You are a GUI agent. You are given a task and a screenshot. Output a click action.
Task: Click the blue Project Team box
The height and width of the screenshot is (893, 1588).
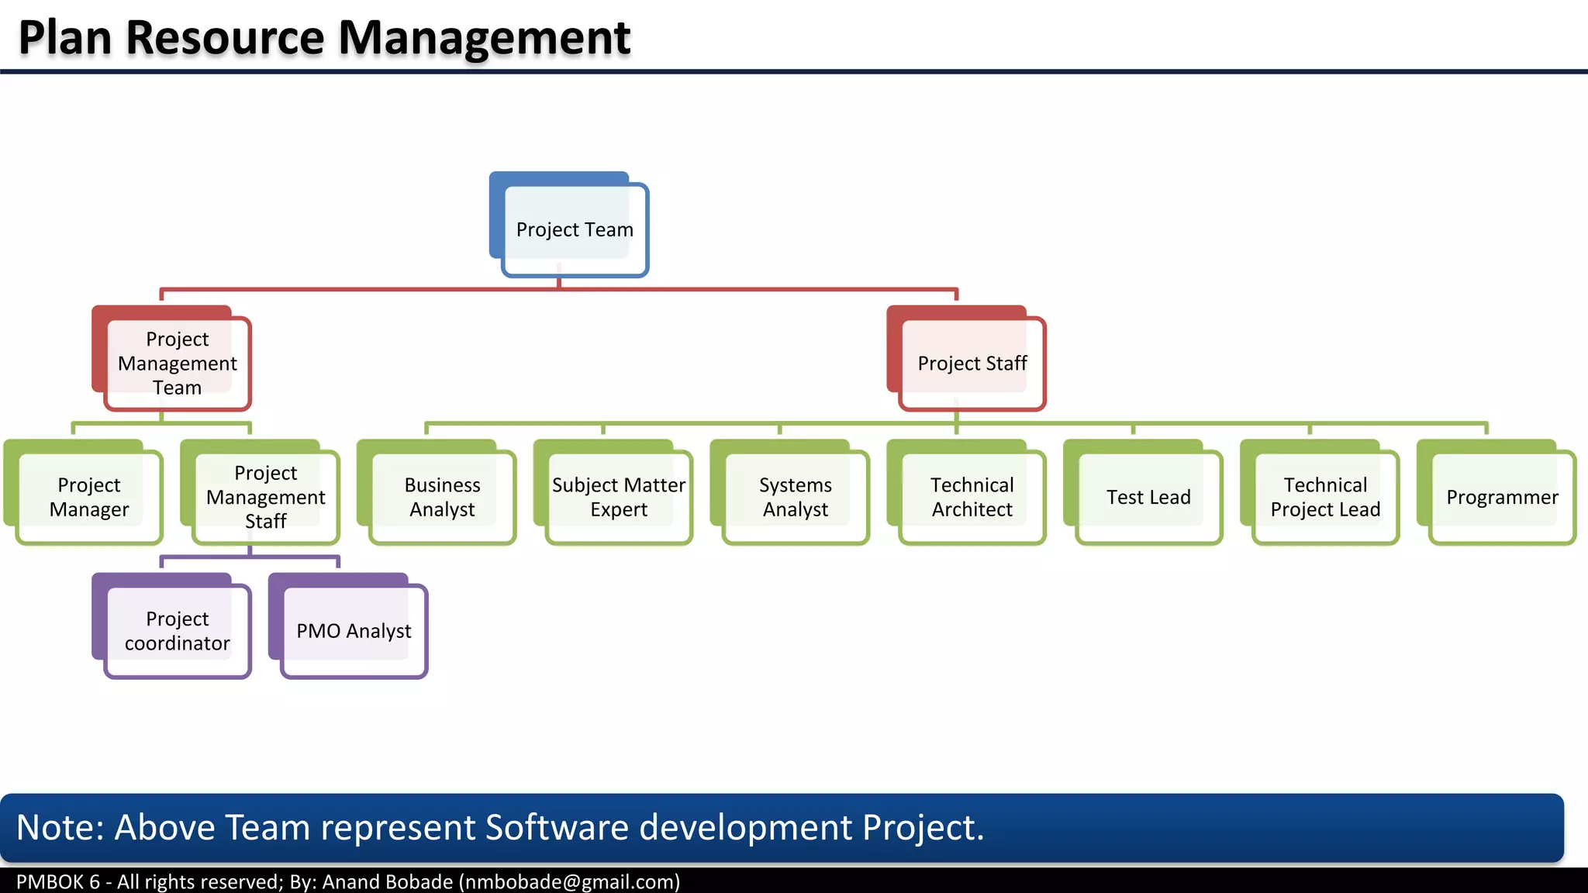coord(575,229)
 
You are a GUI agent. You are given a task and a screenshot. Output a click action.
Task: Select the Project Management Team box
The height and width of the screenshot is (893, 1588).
coord(177,363)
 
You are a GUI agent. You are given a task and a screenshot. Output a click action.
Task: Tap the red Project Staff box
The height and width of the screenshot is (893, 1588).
coord(972,363)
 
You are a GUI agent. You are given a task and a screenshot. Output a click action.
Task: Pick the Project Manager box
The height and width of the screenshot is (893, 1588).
coord(88,497)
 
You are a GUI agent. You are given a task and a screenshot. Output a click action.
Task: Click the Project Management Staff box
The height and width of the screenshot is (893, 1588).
coord(265,497)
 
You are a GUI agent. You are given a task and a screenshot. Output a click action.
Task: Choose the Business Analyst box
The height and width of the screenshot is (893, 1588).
coord(442,497)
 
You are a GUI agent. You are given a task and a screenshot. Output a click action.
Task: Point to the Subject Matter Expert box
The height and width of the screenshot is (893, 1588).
coord(618,497)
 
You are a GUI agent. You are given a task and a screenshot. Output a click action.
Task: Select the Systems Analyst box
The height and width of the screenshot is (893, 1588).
coord(795,497)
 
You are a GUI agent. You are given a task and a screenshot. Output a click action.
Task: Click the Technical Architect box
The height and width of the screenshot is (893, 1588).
coord(972,497)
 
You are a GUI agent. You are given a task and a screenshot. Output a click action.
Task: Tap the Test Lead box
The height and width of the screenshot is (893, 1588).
coord(1148,497)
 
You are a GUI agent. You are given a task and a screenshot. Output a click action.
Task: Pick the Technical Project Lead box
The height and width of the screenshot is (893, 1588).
coord(1325,497)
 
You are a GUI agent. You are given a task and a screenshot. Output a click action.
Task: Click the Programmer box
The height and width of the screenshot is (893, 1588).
coord(1502,497)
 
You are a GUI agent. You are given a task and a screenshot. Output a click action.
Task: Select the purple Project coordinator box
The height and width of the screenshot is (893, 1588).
coord(177,631)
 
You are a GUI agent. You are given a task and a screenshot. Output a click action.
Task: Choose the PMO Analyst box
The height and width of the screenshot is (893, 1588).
coord(354,631)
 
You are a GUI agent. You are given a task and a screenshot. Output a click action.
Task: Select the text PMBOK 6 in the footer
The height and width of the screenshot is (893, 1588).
coord(58,882)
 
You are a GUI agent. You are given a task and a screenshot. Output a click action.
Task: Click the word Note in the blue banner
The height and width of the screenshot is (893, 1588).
coord(59,827)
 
